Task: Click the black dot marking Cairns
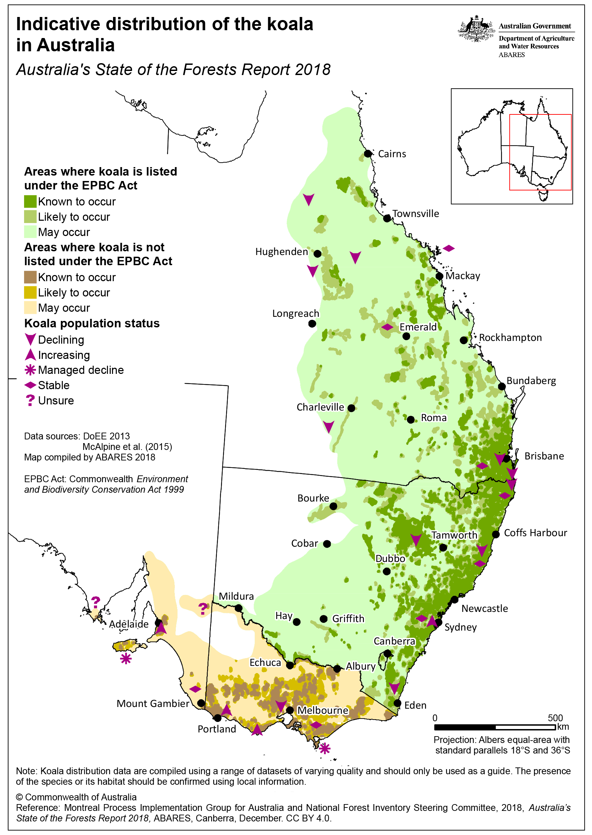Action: pyautogui.click(x=368, y=153)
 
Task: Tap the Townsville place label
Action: pyautogui.click(x=415, y=214)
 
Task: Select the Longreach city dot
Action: pyautogui.click(x=312, y=323)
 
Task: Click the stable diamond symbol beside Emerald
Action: pyautogui.click(x=387, y=327)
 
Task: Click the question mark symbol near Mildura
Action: pyautogui.click(x=203, y=608)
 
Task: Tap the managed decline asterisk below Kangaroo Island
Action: pyautogui.click(x=126, y=658)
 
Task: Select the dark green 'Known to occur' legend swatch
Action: pyautogui.click(x=30, y=202)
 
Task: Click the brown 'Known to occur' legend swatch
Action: pyautogui.click(x=30, y=277)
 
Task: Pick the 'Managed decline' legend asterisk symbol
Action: pyautogui.click(x=30, y=370)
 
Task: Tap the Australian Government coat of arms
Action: pyautogui.click(x=476, y=29)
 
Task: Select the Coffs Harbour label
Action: pyautogui.click(x=535, y=533)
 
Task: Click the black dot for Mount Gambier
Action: pyautogui.click(x=201, y=703)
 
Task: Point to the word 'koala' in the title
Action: pyautogui.click(x=290, y=24)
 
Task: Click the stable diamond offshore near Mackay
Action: pyautogui.click(x=448, y=248)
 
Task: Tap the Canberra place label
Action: pyautogui.click(x=394, y=641)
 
